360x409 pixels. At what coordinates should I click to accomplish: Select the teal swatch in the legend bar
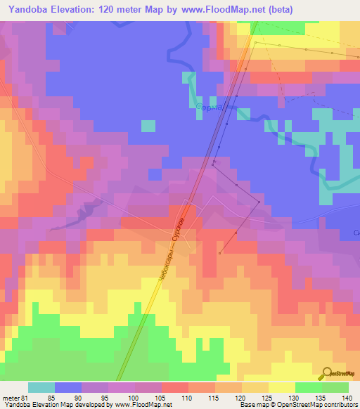(x=41, y=387)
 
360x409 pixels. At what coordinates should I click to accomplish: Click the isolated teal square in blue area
(x=148, y=126)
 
